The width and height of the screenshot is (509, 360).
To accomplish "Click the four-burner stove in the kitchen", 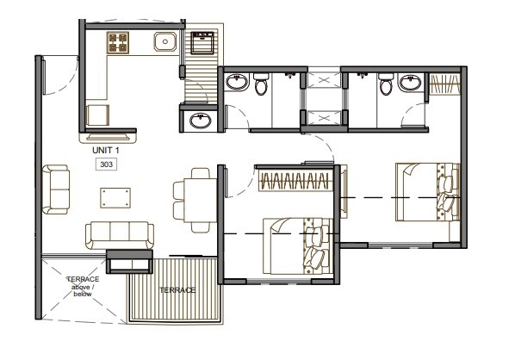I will (x=118, y=42).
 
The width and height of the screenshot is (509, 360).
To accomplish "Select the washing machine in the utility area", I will (x=203, y=41).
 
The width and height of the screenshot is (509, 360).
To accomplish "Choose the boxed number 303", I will (x=108, y=164).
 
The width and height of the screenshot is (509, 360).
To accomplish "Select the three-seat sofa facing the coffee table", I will (x=119, y=233).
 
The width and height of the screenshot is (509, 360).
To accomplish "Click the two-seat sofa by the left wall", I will (x=58, y=191).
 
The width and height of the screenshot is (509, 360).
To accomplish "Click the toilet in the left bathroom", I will (x=260, y=84).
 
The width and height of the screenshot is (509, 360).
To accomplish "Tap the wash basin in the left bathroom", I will (x=237, y=84).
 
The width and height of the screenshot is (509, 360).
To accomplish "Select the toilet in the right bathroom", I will (x=410, y=84).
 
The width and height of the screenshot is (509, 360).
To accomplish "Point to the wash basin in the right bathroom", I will (x=385, y=83).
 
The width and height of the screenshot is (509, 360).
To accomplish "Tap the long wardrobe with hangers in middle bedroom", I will (x=295, y=182).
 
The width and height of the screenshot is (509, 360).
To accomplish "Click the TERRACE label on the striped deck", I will (x=177, y=290).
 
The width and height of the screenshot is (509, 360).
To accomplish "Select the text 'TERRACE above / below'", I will (x=84, y=287).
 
